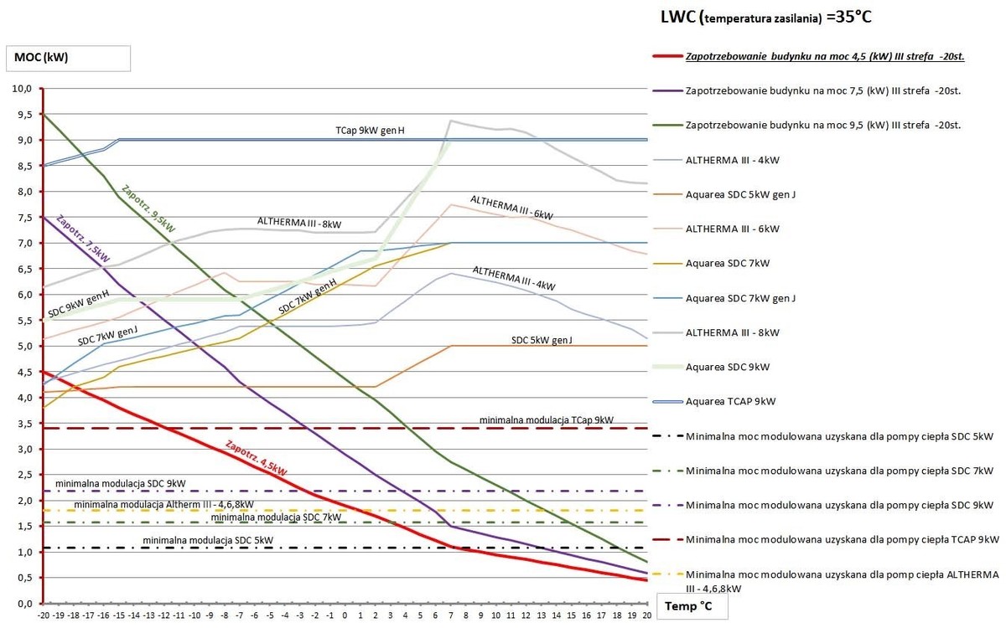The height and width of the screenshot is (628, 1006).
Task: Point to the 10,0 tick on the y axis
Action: (21, 88)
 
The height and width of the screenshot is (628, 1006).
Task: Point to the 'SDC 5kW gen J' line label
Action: (547, 339)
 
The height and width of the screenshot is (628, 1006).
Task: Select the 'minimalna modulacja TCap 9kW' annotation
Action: (546, 419)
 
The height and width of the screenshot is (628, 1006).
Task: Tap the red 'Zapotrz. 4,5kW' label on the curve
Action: (257, 458)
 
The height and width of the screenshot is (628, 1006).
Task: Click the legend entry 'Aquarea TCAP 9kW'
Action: (730, 401)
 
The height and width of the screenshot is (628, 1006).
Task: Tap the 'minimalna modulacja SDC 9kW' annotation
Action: (121, 483)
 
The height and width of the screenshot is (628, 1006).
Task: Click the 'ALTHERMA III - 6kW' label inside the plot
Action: (511, 208)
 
